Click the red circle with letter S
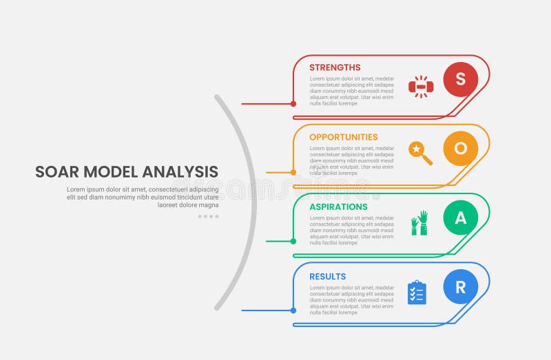[x=461, y=79]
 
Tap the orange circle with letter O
[x=461, y=149]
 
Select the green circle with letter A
[x=461, y=218]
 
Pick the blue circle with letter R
[x=461, y=288]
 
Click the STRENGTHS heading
[x=335, y=67]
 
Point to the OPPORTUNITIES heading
[x=344, y=137]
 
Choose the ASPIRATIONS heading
[x=338, y=207]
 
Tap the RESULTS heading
[x=328, y=277]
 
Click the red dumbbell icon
[x=420, y=87]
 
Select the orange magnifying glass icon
[x=420, y=153]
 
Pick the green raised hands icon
[x=419, y=223]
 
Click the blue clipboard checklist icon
[x=417, y=293]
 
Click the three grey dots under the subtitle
[x=208, y=216]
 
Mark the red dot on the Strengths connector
[x=293, y=104]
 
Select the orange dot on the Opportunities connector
[x=293, y=172]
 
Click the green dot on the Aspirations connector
[x=293, y=241]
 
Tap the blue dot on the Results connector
[x=293, y=310]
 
